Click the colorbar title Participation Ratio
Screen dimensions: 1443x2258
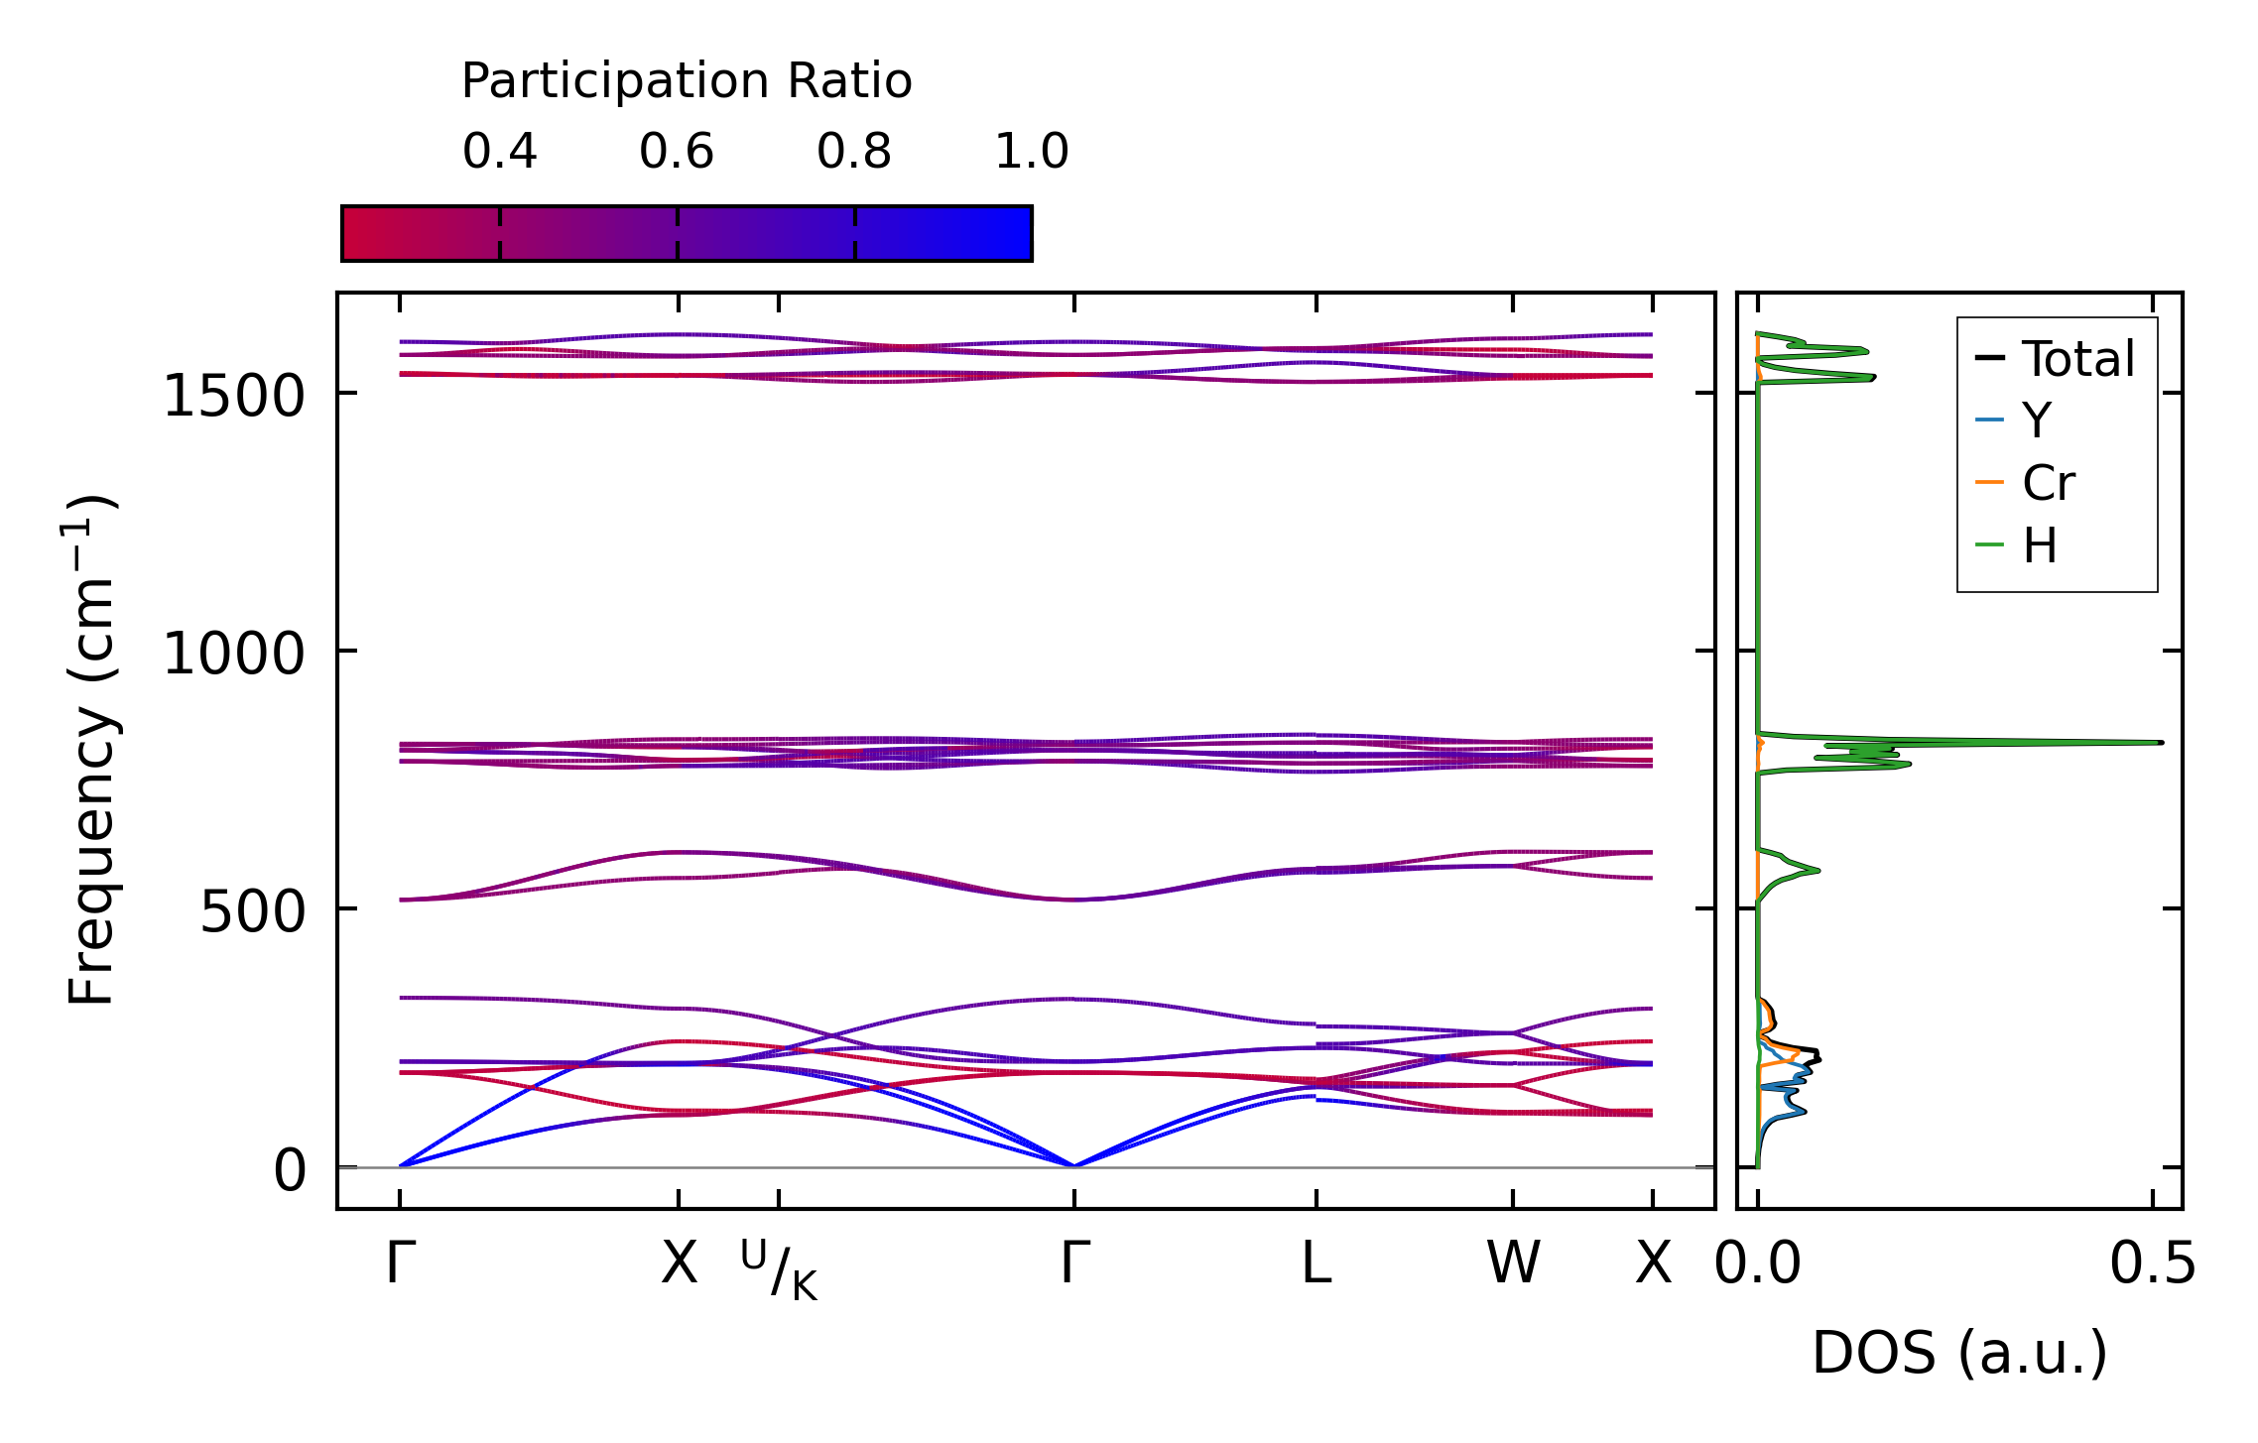point(686,81)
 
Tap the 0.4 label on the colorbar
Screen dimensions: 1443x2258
point(499,152)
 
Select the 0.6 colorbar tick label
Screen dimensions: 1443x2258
point(677,152)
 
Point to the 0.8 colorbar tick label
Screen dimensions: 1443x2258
point(854,152)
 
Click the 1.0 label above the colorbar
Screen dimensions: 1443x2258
point(1032,152)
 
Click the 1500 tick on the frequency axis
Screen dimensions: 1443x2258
point(233,397)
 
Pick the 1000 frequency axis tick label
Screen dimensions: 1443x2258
point(233,654)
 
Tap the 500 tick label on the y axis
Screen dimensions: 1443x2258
point(252,911)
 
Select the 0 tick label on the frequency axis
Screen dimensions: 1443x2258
point(290,1170)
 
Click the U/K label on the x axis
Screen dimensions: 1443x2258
point(780,1269)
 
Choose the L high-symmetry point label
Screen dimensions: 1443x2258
point(1317,1264)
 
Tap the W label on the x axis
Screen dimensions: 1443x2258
point(1513,1264)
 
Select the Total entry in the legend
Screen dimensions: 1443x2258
point(2077,359)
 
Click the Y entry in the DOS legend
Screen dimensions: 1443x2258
point(2037,421)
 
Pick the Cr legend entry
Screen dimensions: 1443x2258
point(2049,483)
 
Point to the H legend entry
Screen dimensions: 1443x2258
point(2040,545)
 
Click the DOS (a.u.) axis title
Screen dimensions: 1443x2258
point(1959,1353)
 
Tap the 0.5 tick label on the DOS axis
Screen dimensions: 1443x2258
point(2152,1264)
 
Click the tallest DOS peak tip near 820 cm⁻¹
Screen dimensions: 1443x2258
point(2160,742)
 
